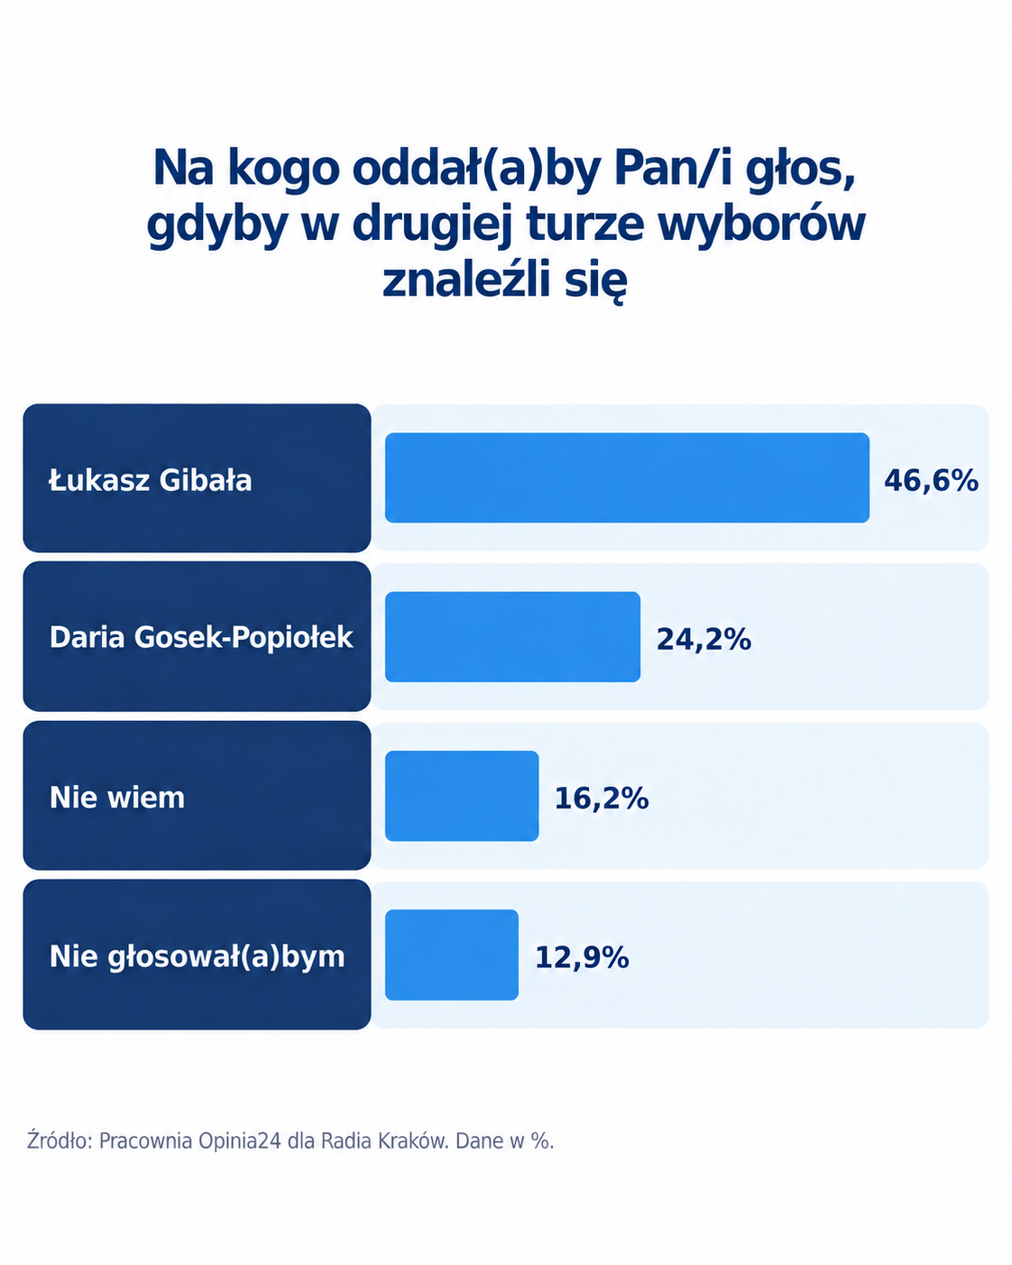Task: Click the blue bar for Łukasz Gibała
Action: coord(627,477)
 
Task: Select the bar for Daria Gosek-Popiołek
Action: coord(512,637)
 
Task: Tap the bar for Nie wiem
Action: coord(462,796)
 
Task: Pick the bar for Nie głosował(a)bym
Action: coord(451,956)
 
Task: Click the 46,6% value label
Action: coord(932,480)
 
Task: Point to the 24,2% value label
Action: coord(704,639)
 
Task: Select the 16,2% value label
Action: coord(602,799)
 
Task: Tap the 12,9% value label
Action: coord(582,957)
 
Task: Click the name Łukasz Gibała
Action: coord(151,480)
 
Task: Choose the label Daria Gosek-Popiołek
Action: coord(201,638)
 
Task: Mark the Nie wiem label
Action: coord(117,798)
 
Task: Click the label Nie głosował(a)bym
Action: coord(197,957)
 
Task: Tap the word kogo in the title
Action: coord(284,170)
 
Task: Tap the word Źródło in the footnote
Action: coord(60,1140)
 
